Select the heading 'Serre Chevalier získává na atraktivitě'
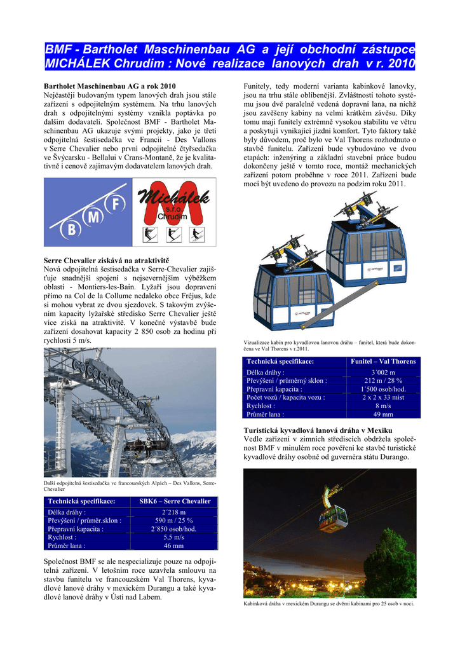[105, 261]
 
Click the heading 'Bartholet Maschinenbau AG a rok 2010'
[109, 86]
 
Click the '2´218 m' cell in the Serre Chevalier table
[174, 512]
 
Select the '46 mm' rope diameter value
[174, 545]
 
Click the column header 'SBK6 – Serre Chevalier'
[175, 501]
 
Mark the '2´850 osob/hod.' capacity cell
[174, 528]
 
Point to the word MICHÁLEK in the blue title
[79, 64]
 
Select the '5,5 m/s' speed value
[174, 537]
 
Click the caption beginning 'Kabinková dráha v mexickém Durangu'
[329, 603]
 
